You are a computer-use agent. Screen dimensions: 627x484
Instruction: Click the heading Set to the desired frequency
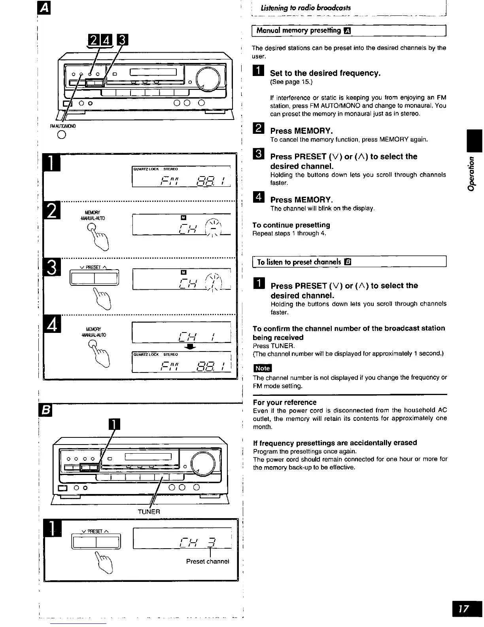(325, 73)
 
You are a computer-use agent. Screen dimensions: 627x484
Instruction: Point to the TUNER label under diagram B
(149, 511)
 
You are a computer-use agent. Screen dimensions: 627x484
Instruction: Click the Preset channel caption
(208, 561)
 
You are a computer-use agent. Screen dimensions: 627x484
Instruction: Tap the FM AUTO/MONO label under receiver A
(62, 126)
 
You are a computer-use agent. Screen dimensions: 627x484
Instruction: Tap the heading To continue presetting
(291, 225)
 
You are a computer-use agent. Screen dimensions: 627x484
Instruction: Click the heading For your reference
(285, 403)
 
